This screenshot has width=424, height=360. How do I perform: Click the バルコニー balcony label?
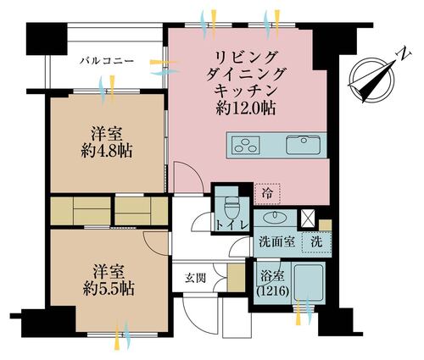tap(107, 61)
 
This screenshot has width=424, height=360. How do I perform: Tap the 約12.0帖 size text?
tap(246, 108)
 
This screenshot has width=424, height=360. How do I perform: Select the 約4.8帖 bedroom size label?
tap(106, 152)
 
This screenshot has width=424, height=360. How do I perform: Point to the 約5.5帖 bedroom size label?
tap(109, 289)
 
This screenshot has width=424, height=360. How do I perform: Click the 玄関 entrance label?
tap(195, 279)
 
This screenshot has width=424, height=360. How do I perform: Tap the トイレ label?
tap(232, 225)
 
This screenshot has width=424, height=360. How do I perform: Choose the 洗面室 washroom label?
tap(277, 242)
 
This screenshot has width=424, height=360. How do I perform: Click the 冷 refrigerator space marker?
tap(267, 194)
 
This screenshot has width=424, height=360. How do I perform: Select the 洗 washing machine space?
tap(316, 242)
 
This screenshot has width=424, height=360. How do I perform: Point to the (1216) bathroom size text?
tap(272, 291)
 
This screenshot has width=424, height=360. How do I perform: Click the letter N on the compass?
tap(404, 53)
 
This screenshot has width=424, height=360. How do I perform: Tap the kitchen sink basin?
tap(304, 145)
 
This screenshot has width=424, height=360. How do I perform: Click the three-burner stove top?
tap(246, 145)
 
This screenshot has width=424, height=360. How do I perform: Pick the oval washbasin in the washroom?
tap(275, 217)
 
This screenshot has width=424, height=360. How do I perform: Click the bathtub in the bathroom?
tap(309, 282)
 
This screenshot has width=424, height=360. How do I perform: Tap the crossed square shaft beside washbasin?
tap(307, 219)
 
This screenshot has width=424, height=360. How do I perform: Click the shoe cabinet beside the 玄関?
tap(236, 277)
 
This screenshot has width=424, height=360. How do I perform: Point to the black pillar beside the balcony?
tap(47, 39)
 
